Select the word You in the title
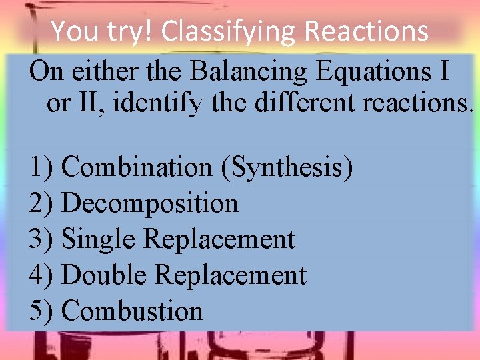[x=71, y=31]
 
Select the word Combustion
[x=132, y=311]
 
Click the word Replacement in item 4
[x=228, y=275]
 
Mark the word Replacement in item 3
[x=219, y=239]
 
